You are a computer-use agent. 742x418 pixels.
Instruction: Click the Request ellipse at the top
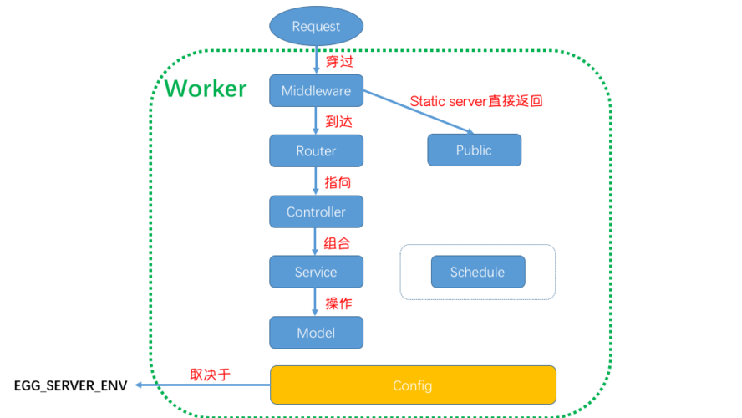[316, 27]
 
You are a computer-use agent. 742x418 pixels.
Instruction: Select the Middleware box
[316, 90]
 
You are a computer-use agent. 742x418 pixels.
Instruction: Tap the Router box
[316, 151]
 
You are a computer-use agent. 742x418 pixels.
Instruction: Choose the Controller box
[316, 212]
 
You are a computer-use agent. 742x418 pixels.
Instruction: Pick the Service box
[316, 272]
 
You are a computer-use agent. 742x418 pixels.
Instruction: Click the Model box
[316, 333]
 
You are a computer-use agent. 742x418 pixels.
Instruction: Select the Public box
[474, 150]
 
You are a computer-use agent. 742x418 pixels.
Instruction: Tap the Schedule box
[478, 272]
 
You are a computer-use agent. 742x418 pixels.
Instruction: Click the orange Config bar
[413, 385]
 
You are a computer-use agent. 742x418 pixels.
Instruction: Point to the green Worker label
[206, 89]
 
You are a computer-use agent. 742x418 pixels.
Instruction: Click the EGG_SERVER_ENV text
[70, 386]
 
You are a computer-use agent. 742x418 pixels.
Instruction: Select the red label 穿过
[338, 61]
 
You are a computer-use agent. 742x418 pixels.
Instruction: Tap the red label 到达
[338, 121]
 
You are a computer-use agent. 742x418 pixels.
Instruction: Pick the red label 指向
[338, 181]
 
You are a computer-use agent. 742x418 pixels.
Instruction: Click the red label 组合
[337, 243]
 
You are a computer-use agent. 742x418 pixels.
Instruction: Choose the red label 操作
[338, 303]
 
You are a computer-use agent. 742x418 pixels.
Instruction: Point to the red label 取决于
[210, 375]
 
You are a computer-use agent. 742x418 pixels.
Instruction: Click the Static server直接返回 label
[476, 101]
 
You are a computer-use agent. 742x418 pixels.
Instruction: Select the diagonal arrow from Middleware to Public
[418, 112]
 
